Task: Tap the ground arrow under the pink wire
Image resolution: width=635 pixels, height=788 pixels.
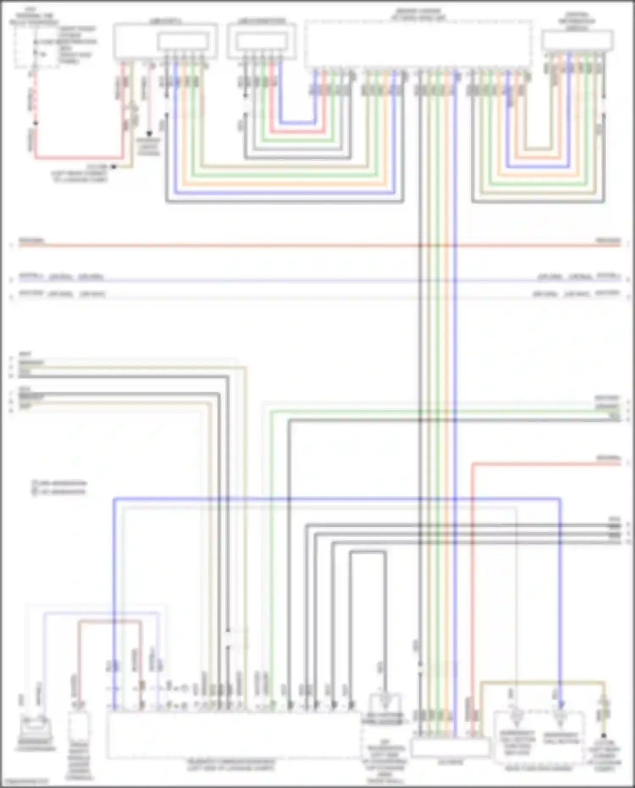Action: (x=149, y=133)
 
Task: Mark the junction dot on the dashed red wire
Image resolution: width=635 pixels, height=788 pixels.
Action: (x=36, y=123)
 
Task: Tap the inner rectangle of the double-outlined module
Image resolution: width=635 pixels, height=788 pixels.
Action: (x=183, y=41)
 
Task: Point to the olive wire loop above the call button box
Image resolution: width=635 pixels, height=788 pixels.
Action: (x=542, y=682)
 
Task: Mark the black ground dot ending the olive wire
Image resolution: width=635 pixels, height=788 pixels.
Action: (x=604, y=735)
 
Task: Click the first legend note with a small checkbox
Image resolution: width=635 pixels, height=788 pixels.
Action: (x=59, y=483)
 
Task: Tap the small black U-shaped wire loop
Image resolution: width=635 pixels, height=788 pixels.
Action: (x=368, y=552)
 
